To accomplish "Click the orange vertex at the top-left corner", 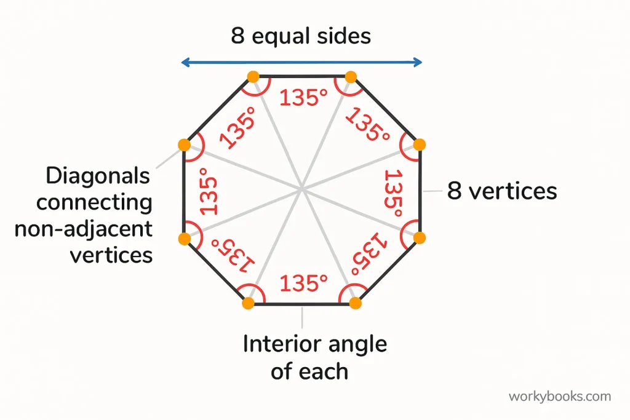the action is pos(253,77).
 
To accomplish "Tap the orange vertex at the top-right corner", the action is pos(351,77).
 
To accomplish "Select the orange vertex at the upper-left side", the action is pos(185,145).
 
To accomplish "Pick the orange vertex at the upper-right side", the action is pos(419,145).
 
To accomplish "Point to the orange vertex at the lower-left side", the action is pos(185,239).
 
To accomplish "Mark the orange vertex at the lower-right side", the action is pos(419,238).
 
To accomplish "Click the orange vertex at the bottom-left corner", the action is pos(249,303).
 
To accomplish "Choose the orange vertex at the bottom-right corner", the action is pos(355,303).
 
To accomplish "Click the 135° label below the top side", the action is pos(303,98).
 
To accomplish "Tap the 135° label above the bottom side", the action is pos(303,283).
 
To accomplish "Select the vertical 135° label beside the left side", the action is pos(208,191).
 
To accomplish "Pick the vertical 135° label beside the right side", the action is pos(393,193).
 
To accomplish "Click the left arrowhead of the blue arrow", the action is pos(185,62).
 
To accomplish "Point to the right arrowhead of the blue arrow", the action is pos(418,62).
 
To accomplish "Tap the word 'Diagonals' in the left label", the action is pos(98,176).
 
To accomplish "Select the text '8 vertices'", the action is pos(502,191).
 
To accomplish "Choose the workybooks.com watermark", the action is pos(560,396).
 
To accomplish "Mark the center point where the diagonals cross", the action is pos(301,189).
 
